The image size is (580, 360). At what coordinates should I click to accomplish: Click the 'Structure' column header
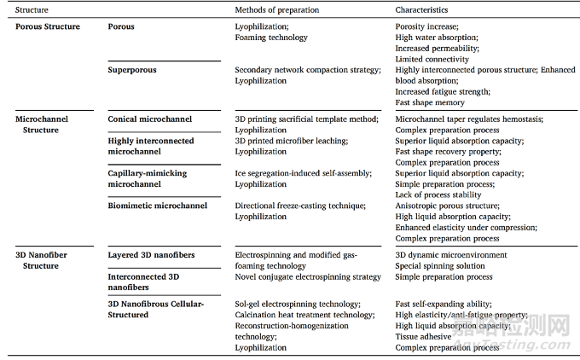(x=32, y=10)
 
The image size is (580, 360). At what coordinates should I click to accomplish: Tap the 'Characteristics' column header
(x=423, y=10)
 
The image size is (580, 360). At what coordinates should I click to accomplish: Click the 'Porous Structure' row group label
(x=48, y=27)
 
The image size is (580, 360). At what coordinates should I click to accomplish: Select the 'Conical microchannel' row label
(x=150, y=119)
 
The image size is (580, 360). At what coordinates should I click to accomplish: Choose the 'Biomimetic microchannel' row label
(x=153, y=206)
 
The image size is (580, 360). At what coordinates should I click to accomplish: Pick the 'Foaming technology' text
(x=272, y=38)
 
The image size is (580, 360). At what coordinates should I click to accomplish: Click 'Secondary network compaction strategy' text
(x=307, y=70)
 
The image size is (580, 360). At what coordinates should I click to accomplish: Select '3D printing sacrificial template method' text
(x=303, y=119)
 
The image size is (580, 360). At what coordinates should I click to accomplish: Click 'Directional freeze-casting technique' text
(x=299, y=206)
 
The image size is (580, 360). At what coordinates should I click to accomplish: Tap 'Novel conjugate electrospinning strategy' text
(x=307, y=277)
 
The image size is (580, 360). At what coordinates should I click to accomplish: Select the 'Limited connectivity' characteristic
(x=432, y=60)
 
